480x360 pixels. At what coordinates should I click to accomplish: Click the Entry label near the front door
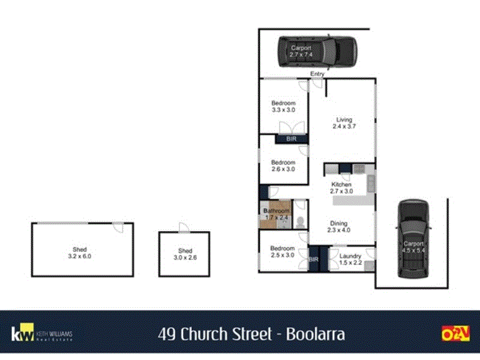click(317, 74)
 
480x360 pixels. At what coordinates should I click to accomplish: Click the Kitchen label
click(341, 184)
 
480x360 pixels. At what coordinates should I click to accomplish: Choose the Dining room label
click(338, 224)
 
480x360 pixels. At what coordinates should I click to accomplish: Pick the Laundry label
click(350, 256)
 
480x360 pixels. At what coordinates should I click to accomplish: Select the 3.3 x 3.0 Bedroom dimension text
click(283, 110)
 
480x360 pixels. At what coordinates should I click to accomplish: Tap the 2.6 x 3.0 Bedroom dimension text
click(283, 169)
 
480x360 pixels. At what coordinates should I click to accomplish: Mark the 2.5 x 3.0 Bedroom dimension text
click(282, 255)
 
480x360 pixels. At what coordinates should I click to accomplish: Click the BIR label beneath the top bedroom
click(291, 139)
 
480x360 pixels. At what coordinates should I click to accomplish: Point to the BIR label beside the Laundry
click(313, 260)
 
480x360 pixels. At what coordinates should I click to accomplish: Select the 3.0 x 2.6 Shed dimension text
click(185, 258)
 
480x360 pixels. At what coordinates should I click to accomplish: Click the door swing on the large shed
click(119, 227)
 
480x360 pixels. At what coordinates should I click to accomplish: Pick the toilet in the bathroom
click(300, 221)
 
